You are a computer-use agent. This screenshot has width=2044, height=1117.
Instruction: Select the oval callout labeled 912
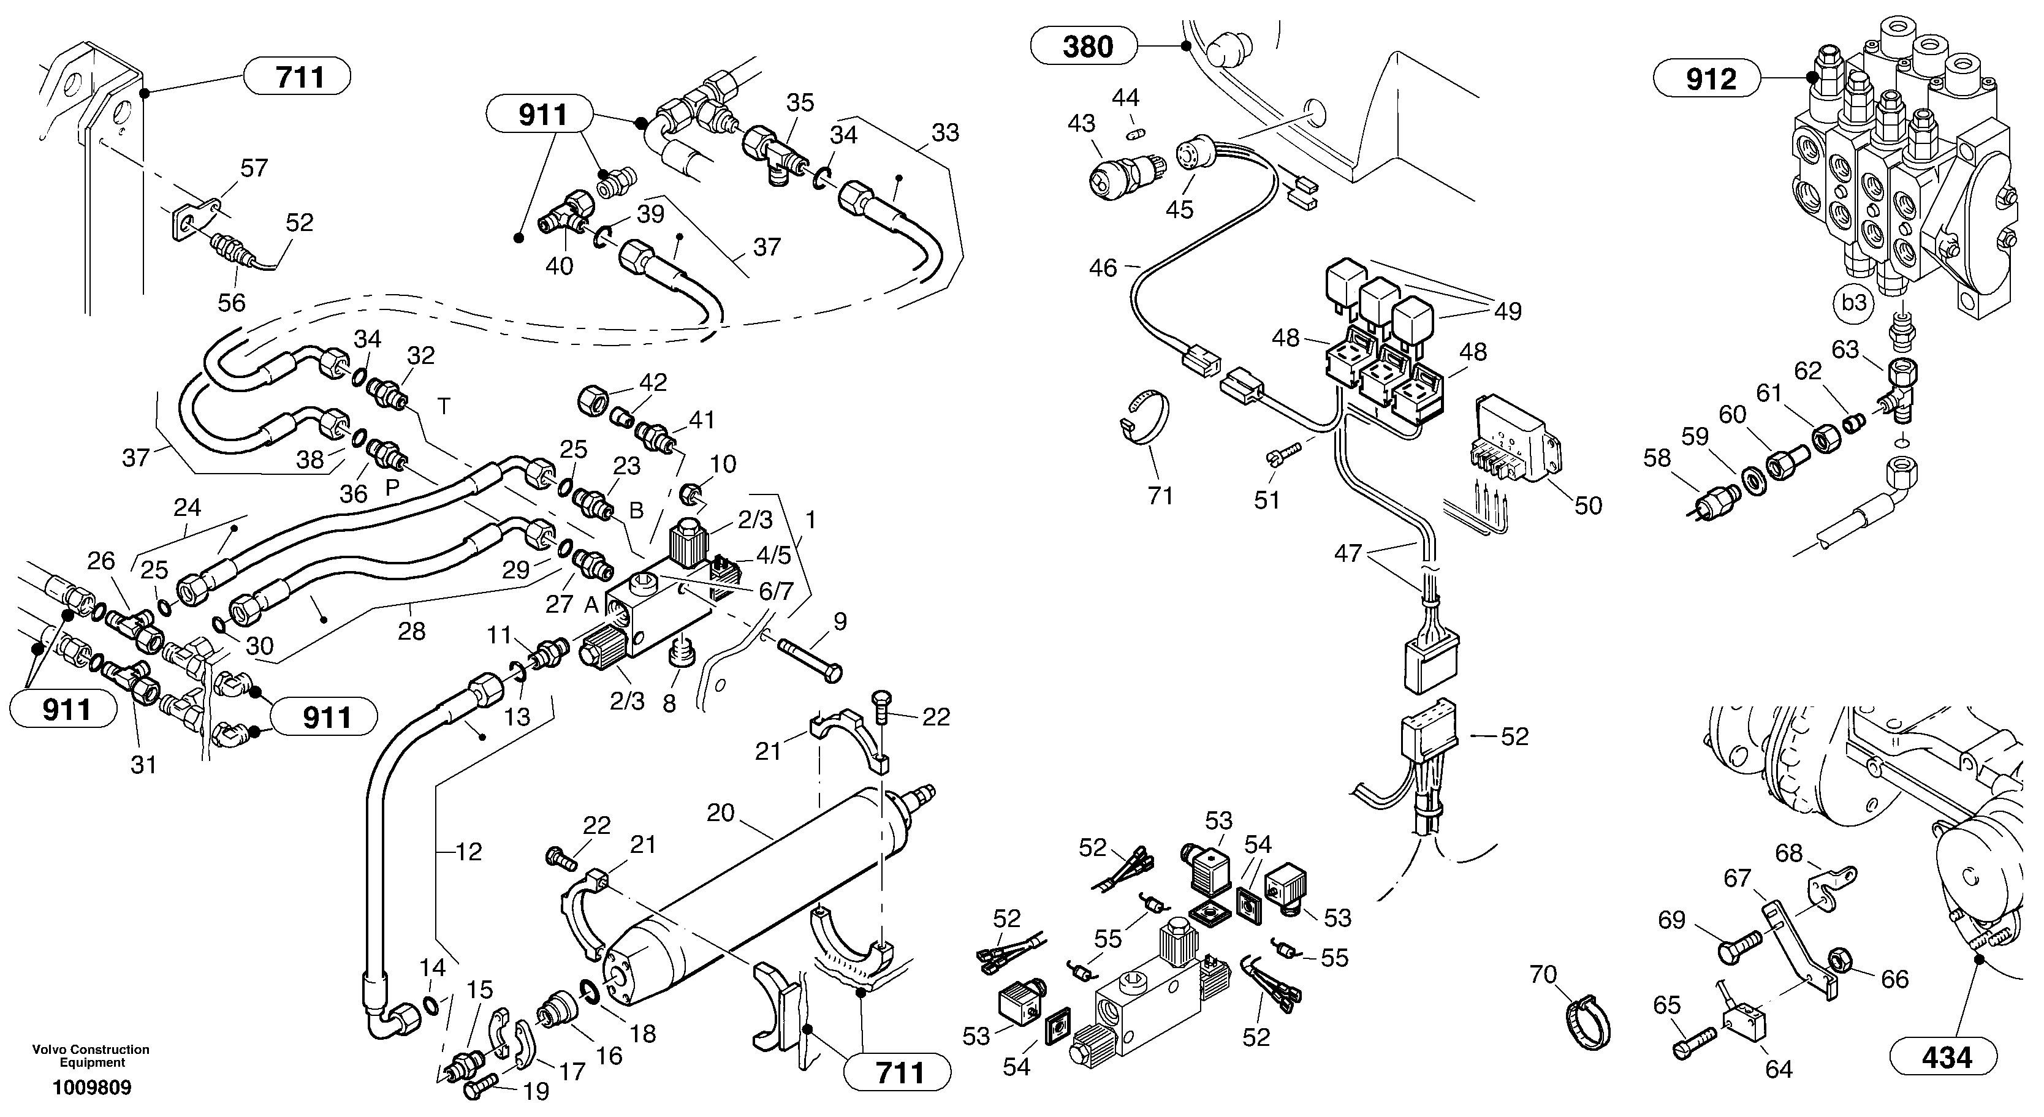(1707, 79)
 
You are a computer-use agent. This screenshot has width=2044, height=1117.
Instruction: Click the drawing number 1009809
(91, 1088)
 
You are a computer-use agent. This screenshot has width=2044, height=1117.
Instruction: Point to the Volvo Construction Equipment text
(91, 1056)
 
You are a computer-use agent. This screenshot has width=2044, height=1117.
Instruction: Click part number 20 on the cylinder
(721, 813)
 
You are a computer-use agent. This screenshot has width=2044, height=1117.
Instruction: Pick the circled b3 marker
(1853, 302)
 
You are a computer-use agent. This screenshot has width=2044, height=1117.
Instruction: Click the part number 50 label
(1588, 505)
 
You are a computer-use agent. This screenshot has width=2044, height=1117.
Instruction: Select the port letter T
(444, 406)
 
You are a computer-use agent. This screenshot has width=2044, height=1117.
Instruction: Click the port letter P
(392, 488)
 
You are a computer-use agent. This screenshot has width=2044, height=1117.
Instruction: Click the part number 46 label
(1103, 268)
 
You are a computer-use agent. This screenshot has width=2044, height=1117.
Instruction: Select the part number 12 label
(469, 852)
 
